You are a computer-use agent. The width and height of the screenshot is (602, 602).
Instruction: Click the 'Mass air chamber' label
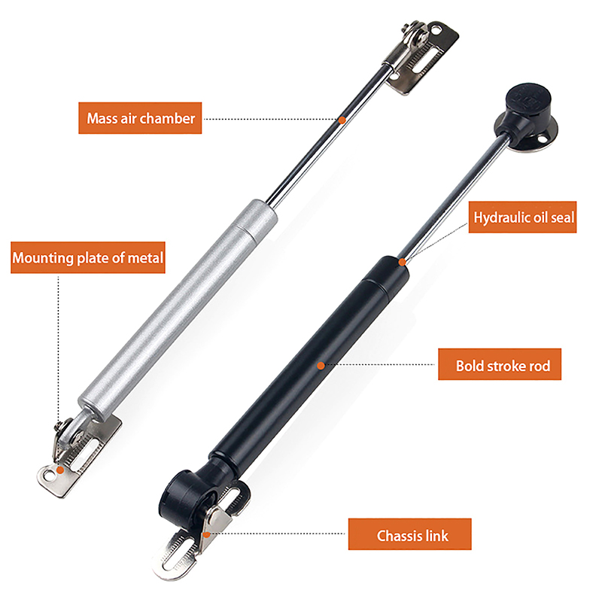pos(140,118)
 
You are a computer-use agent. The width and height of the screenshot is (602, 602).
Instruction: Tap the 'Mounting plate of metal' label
pos(88,257)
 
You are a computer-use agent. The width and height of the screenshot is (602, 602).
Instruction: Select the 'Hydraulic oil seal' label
pos(522,217)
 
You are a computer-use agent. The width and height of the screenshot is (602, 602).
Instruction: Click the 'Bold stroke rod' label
pos(500,364)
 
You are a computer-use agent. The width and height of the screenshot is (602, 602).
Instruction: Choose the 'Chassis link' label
pos(409,534)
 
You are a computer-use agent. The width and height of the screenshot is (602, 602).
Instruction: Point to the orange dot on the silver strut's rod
pos(342,120)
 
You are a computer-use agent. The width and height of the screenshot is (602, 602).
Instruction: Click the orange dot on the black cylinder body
pos(321,366)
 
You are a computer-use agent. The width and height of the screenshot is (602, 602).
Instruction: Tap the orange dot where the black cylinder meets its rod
pos(402,262)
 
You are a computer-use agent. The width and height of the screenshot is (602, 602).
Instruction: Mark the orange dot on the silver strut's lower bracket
pos(60,470)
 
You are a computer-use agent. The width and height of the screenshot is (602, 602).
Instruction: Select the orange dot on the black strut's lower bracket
pos(206,534)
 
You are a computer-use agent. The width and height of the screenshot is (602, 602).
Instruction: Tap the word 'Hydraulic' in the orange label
pos(497,217)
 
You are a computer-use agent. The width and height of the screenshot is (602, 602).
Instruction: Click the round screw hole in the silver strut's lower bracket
pos(48,476)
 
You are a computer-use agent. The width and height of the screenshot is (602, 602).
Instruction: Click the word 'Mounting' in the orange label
pos(43,258)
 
